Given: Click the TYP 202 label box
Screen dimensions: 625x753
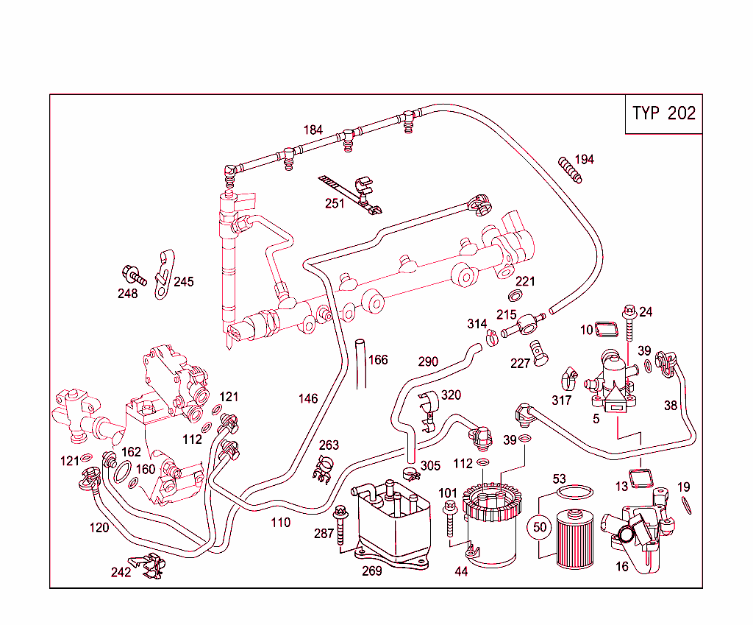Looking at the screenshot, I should [x=663, y=114].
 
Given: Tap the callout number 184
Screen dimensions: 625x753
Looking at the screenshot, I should [x=313, y=130].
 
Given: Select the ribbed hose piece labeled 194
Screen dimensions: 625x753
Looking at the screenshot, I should [x=570, y=169].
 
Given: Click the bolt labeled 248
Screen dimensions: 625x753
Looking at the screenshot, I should [x=135, y=276].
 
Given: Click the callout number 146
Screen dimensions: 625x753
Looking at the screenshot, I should [x=308, y=399].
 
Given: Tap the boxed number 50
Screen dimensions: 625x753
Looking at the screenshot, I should [x=540, y=527].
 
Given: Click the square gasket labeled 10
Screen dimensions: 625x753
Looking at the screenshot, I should [x=607, y=328].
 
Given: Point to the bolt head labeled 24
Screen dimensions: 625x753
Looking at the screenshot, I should [x=629, y=311].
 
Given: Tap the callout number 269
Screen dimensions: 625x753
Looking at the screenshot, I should [x=372, y=571].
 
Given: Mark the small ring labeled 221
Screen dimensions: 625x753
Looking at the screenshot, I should [x=516, y=296].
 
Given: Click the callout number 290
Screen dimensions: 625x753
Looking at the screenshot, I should [x=428, y=361].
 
